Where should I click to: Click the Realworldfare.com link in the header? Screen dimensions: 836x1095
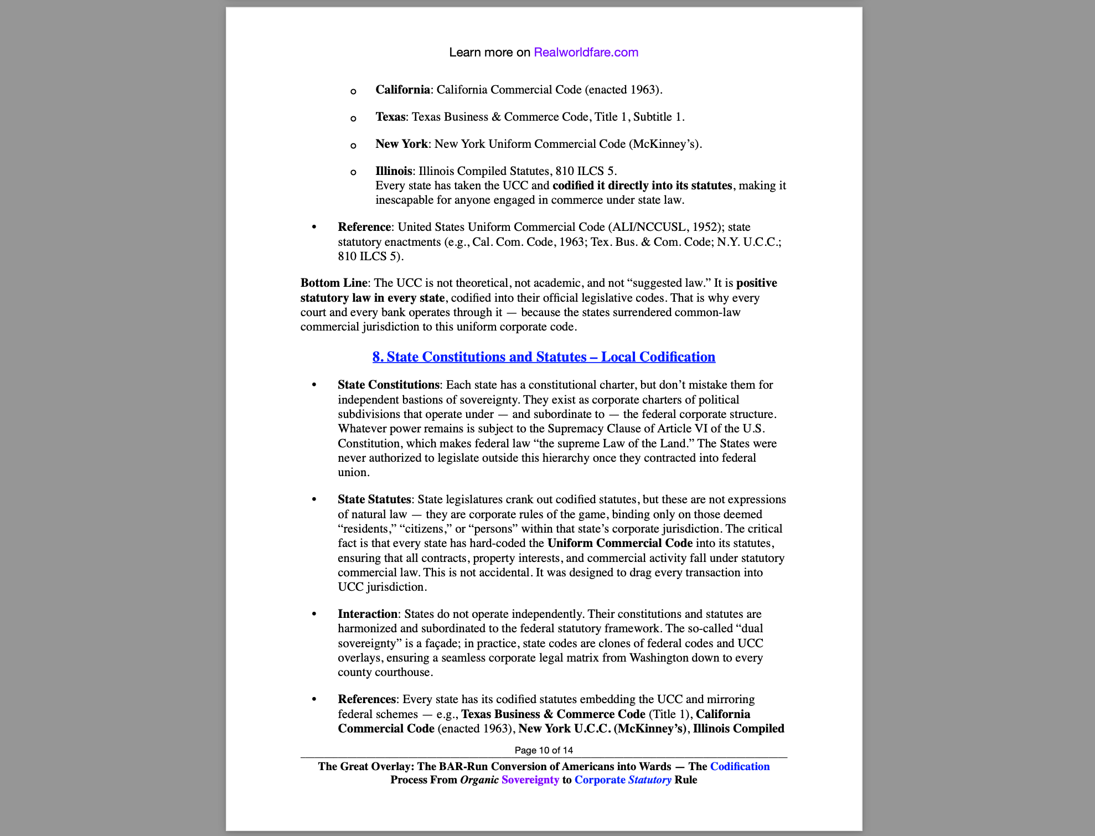(x=586, y=53)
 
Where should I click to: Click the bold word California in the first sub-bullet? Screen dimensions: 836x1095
(x=402, y=90)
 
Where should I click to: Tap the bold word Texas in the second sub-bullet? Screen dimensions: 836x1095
(x=390, y=117)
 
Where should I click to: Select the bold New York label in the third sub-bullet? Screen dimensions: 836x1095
(x=401, y=144)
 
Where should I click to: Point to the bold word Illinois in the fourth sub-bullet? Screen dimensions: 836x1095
(x=394, y=171)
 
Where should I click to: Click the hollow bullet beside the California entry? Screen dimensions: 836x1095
(x=353, y=91)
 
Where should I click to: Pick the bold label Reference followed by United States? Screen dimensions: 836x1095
(x=364, y=227)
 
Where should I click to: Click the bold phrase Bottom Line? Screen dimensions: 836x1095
(x=333, y=283)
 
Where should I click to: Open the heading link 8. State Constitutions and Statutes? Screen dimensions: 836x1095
(x=544, y=357)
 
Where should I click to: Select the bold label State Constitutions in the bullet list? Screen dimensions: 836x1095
(x=389, y=385)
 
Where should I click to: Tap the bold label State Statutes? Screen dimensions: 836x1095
(x=374, y=499)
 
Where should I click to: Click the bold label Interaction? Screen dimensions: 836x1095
(x=368, y=614)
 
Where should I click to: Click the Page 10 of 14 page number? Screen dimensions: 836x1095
(x=544, y=750)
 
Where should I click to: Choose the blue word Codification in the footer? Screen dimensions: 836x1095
(x=740, y=766)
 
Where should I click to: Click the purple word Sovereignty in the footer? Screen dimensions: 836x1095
(x=530, y=780)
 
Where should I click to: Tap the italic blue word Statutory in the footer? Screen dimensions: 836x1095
(x=649, y=780)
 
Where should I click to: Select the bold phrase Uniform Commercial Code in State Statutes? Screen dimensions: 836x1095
(x=620, y=543)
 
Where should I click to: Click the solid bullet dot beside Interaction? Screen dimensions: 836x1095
(x=314, y=614)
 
